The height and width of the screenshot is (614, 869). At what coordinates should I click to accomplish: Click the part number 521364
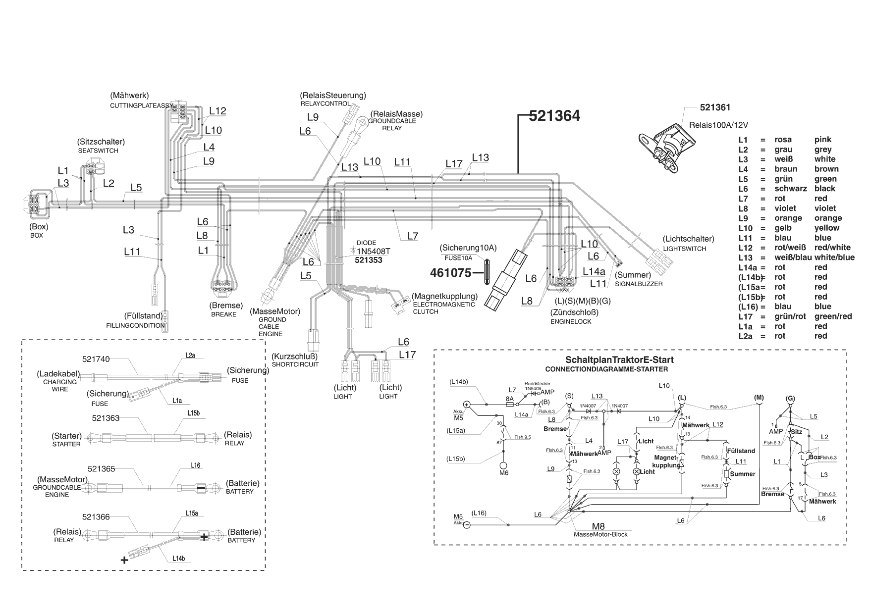pyautogui.click(x=554, y=116)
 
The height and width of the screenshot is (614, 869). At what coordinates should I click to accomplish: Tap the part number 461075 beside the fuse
pyautogui.click(x=450, y=272)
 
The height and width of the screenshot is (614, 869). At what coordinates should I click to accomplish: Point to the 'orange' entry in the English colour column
pyautogui.click(x=828, y=218)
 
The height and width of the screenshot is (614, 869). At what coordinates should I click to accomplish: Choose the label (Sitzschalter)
pyautogui.click(x=101, y=142)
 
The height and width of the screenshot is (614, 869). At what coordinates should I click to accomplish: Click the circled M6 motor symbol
pyautogui.click(x=503, y=465)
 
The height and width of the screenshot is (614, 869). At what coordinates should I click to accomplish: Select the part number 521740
pyautogui.click(x=96, y=359)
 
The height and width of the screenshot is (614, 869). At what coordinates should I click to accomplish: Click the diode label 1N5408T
pyautogui.click(x=374, y=252)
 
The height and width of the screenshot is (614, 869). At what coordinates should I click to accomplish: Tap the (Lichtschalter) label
pyautogui.click(x=689, y=239)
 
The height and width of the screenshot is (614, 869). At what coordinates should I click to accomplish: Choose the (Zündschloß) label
pyautogui.click(x=574, y=312)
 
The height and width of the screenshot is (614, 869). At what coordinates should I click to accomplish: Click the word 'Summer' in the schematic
pyautogui.click(x=743, y=474)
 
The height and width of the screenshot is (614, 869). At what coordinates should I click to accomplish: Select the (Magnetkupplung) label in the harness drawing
pyautogui.click(x=444, y=296)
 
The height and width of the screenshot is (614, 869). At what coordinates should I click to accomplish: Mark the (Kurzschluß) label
pyautogui.click(x=294, y=356)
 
